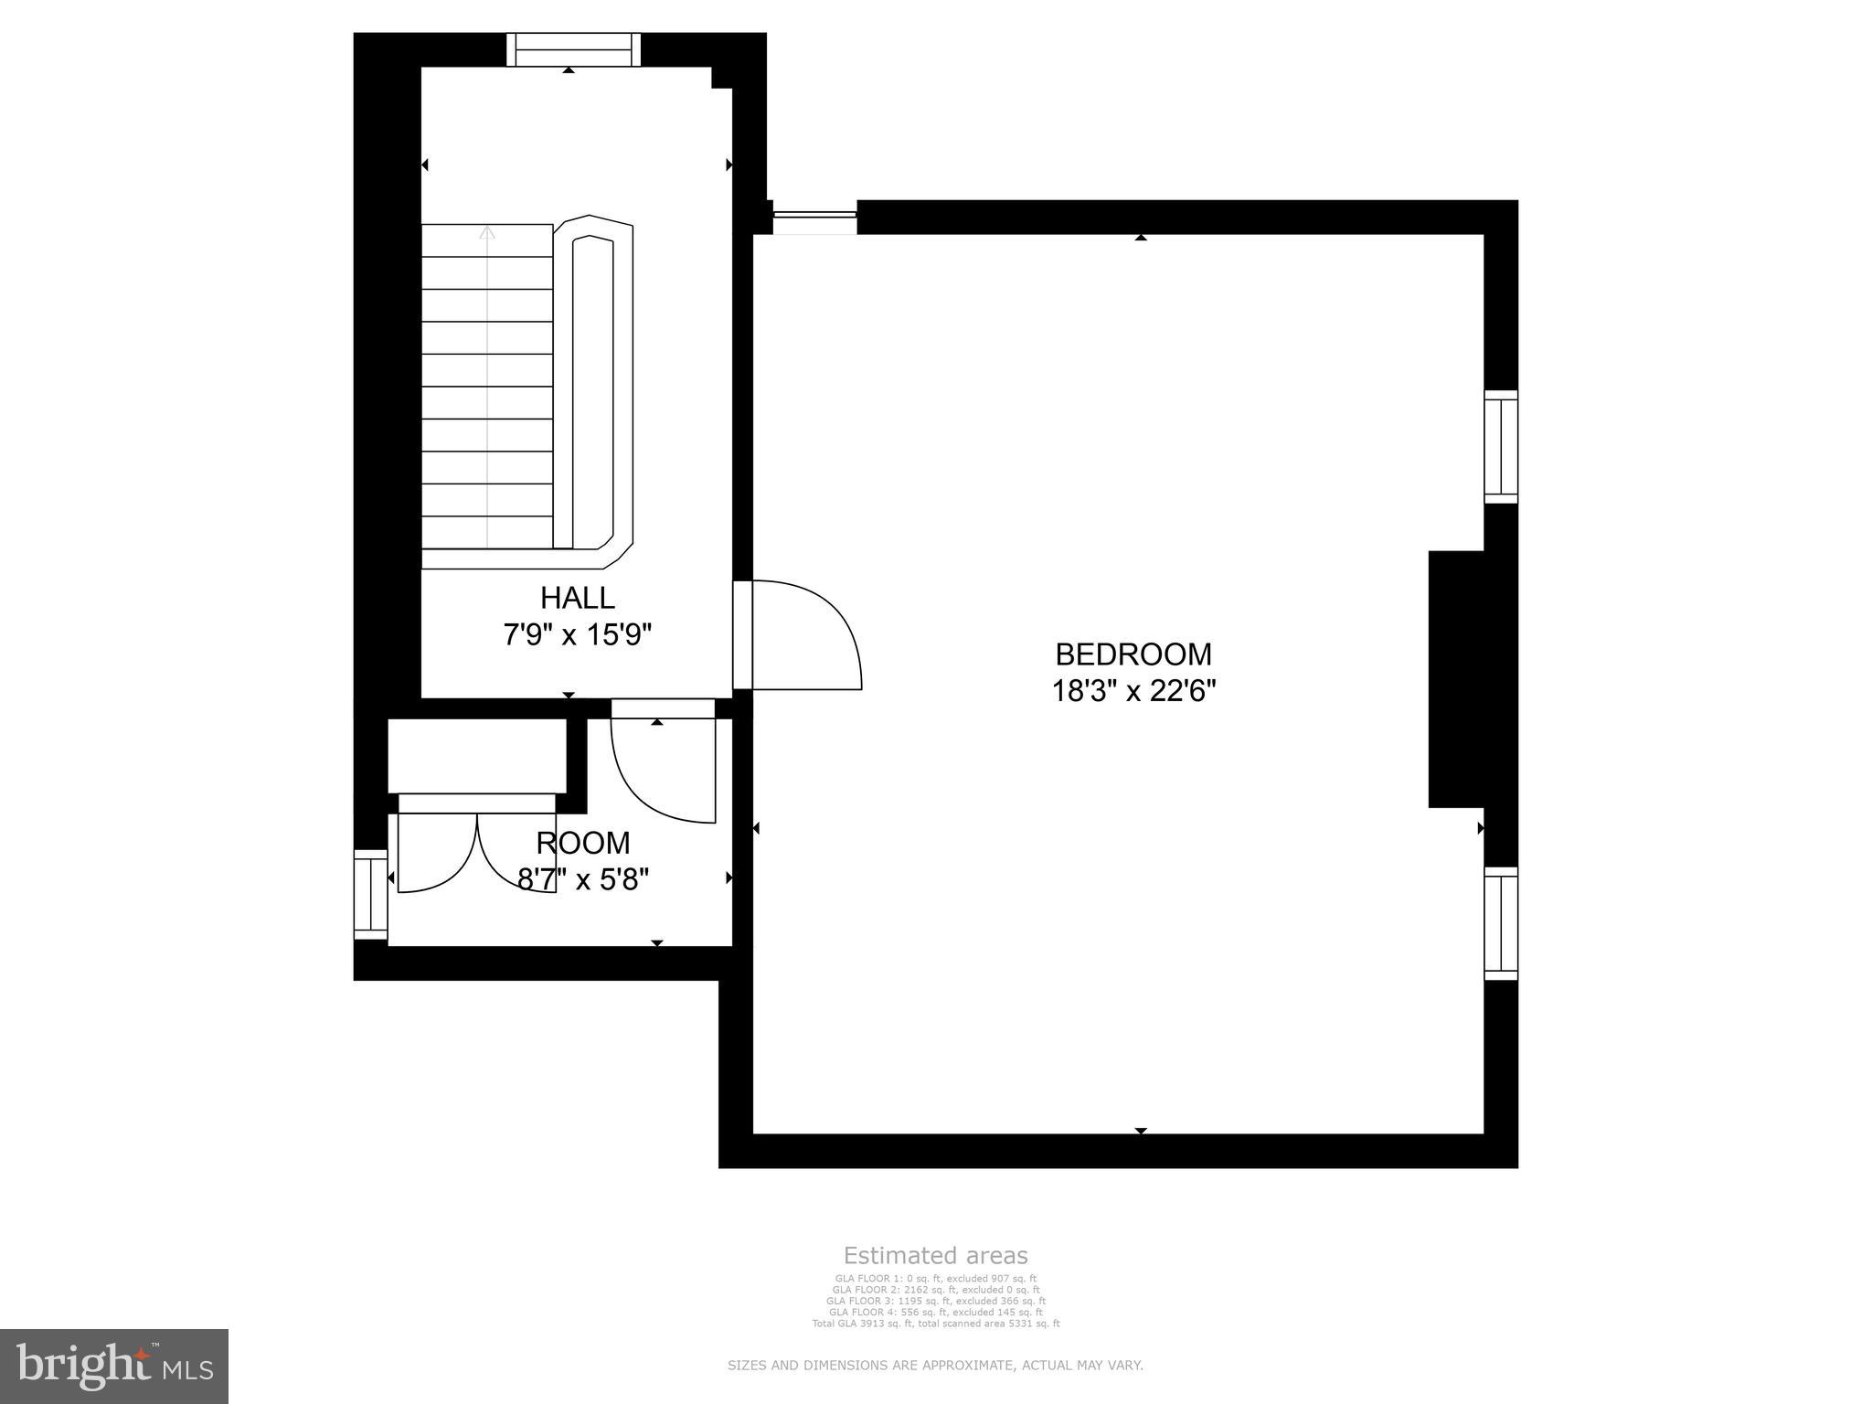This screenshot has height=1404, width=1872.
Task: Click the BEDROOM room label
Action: click(1133, 654)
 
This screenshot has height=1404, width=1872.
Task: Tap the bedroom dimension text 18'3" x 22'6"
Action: click(1133, 691)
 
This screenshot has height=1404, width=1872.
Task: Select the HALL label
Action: click(577, 598)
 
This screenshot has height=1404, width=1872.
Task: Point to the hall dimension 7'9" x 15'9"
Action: click(577, 634)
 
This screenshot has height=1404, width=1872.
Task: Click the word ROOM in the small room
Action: click(583, 843)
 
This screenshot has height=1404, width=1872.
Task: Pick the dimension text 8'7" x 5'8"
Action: click(583, 879)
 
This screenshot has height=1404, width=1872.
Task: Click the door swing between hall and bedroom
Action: click(804, 635)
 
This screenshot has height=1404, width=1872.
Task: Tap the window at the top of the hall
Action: click(574, 49)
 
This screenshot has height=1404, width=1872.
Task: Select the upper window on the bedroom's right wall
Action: click(1500, 447)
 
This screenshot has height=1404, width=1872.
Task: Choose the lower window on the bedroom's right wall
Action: click(1500, 923)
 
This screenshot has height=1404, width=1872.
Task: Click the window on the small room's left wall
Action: click(371, 895)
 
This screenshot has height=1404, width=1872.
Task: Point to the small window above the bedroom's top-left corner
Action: click(814, 218)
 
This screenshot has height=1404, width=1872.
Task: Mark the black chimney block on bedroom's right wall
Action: click(1457, 679)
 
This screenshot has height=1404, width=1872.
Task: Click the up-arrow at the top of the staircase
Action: click(487, 234)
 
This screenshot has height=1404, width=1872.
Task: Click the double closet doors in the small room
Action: click(477, 850)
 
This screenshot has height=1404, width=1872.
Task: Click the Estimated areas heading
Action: click(935, 1256)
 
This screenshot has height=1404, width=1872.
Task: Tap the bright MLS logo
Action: click(114, 1366)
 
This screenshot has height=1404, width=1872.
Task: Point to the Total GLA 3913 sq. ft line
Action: click(935, 1323)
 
